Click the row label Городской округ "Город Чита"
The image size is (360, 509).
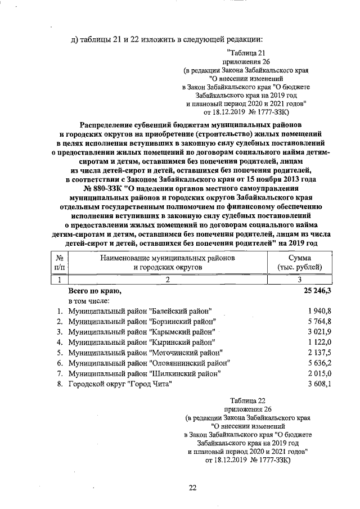[x=120, y=384]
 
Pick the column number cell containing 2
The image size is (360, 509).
[x=167, y=280]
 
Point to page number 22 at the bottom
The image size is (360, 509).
[x=192, y=488]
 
